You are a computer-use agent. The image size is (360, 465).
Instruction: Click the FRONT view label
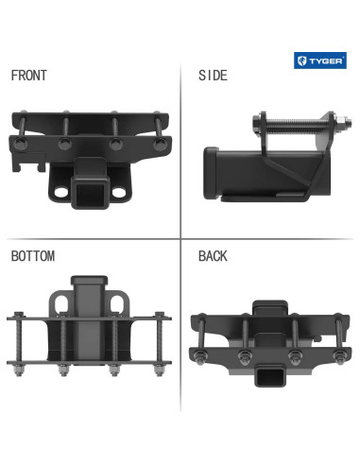(29, 76)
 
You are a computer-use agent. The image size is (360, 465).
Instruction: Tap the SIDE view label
(213, 76)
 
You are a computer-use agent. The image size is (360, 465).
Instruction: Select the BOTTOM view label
(33, 256)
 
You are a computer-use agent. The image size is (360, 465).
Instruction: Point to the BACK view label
(213, 256)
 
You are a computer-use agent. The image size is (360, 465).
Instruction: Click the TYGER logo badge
(320, 60)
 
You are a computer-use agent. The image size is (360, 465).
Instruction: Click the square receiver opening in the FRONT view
(91, 196)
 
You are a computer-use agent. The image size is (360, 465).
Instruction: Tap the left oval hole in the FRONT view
(61, 192)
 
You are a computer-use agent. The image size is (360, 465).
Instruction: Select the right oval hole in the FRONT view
(119, 192)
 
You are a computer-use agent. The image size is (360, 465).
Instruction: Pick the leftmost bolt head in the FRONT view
(20, 144)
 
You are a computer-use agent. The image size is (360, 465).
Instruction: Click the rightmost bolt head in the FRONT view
(160, 144)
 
